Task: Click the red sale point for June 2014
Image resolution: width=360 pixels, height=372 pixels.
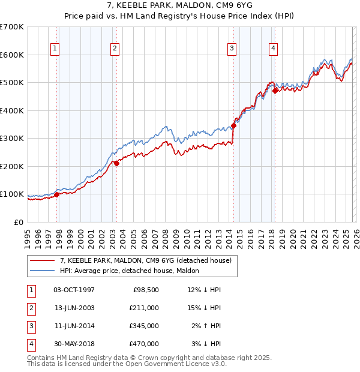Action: click(233, 126)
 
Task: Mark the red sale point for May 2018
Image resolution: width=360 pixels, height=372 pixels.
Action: click(275, 91)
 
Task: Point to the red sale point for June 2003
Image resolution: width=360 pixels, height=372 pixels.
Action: click(116, 163)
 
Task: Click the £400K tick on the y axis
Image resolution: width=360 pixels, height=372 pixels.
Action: click(12, 110)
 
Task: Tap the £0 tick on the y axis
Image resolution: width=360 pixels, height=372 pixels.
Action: click(19, 222)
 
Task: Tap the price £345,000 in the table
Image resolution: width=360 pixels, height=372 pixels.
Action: click(144, 327)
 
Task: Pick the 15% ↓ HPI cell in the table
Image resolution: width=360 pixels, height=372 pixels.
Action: click(204, 308)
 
